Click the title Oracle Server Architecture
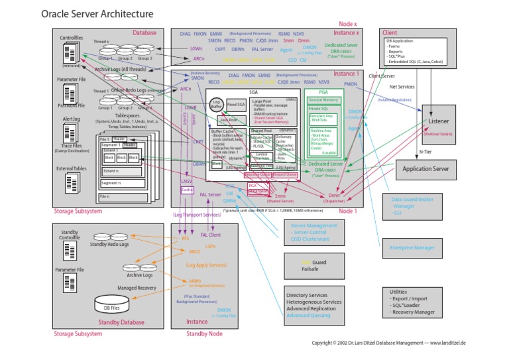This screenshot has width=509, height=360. click(97, 13)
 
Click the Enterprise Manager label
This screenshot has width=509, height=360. click(413, 248)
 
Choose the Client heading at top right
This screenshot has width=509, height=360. click(390, 31)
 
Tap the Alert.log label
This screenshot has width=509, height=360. click(71, 119)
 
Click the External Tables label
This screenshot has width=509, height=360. click(72, 168)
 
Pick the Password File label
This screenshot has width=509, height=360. click(72, 105)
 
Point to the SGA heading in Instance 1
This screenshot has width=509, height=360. click(253, 93)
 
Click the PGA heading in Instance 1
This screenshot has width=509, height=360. click(323, 93)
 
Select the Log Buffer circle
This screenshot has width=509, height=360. click(217, 104)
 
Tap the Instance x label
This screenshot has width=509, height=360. click(346, 32)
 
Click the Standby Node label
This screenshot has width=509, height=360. click(204, 333)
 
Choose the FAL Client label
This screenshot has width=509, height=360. click(210, 234)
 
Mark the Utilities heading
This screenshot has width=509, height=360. click(399, 292)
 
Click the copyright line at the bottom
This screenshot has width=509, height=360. click(389, 343)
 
